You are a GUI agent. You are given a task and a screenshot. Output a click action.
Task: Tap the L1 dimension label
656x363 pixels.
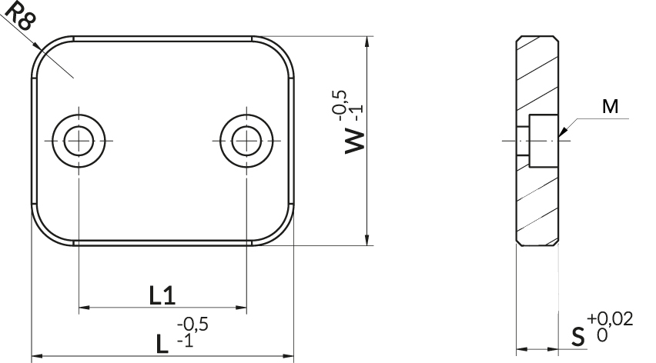pos(162,295)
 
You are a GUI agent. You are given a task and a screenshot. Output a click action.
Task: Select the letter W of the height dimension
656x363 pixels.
pos(355,142)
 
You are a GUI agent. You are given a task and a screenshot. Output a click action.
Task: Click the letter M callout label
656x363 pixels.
pos(610,107)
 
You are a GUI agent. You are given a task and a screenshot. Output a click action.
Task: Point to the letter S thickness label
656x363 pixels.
pos(577,337)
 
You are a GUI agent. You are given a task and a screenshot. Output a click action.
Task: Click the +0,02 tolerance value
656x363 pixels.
pos(610,320)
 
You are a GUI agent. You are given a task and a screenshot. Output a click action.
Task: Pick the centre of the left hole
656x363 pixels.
pos(79,141)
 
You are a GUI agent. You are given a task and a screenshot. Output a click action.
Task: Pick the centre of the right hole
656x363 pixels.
pos(247,141)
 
